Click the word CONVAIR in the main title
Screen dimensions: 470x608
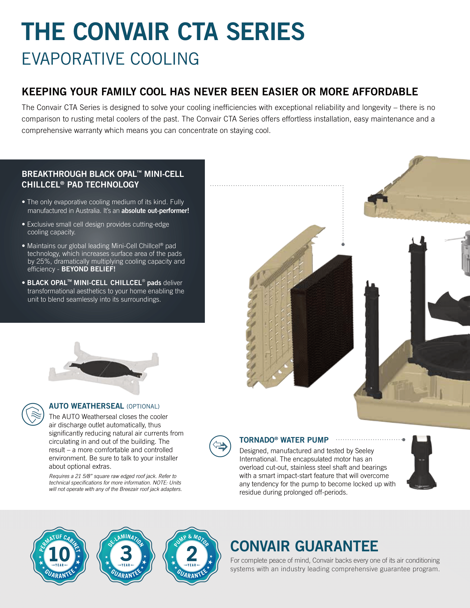(x=121, y=32)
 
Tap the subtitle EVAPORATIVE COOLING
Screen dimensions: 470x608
(x=111, y=59)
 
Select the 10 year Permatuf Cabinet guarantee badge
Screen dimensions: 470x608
(x=60, y=556)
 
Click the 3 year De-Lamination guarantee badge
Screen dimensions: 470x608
(x=126, y=556)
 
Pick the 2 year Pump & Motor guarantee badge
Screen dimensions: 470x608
(x=192, y=556)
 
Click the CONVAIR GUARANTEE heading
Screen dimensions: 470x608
(x=304, y=546)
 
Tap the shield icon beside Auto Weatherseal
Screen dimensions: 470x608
(x=33, y=414)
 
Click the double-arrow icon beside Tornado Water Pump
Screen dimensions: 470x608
(x=220, y=446)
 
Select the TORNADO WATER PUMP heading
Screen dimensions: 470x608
(x=284, y=440)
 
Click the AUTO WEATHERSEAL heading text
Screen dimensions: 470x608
(x=86, y=406)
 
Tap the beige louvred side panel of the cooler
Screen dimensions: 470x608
(x=281, y=306)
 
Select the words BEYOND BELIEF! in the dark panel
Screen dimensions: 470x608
(x=88, y=269)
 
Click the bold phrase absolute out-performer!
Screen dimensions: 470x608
(x=155, y=211)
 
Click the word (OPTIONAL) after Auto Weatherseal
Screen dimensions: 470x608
(x=143, y=407)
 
